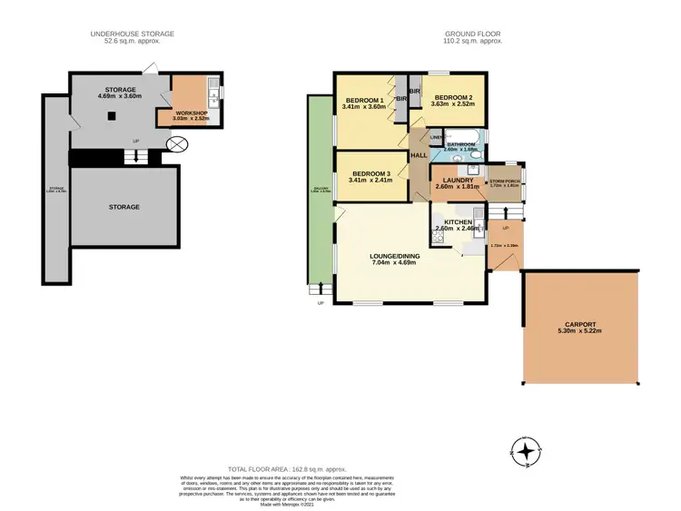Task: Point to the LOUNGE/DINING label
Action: [392, 257]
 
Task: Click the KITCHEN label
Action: [459, 221]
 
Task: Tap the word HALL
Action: [419, 156]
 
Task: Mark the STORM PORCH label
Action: [504, 182]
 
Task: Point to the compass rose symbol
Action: [524, 450]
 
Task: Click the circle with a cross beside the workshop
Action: [177, 144]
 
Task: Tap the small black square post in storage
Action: [113, 115]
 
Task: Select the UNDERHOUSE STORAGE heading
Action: [132, 34]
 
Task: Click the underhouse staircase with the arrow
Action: [136, 156]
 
